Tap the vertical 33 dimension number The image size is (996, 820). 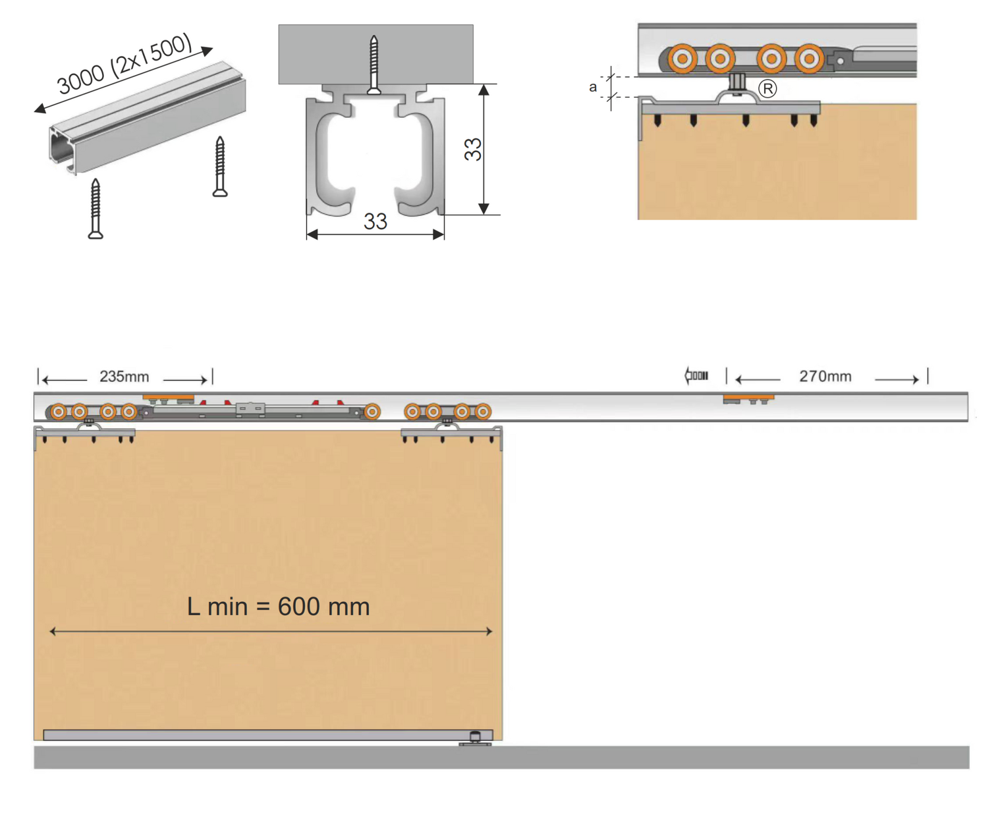pos(473,149)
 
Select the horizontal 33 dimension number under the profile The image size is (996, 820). pos(375,222)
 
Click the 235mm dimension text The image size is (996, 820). pos(124,377)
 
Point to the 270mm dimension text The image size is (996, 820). pos(825,376)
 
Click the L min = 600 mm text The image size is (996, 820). pos(278,607)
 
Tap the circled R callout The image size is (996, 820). pos(768,89)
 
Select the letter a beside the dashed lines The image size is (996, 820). pos(592,88)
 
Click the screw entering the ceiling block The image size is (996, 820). pos(373,64)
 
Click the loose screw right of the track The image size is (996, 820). pos(220,166)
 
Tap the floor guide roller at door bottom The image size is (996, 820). pos(475,737)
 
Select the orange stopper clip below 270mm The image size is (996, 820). pos(748,398)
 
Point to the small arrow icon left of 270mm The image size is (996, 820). pos(697,376)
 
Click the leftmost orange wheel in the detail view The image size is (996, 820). pos(682,59)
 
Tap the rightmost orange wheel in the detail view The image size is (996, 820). pos(809,59)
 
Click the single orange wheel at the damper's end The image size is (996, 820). pos(372,411)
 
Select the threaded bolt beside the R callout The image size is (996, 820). pos(737,82)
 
